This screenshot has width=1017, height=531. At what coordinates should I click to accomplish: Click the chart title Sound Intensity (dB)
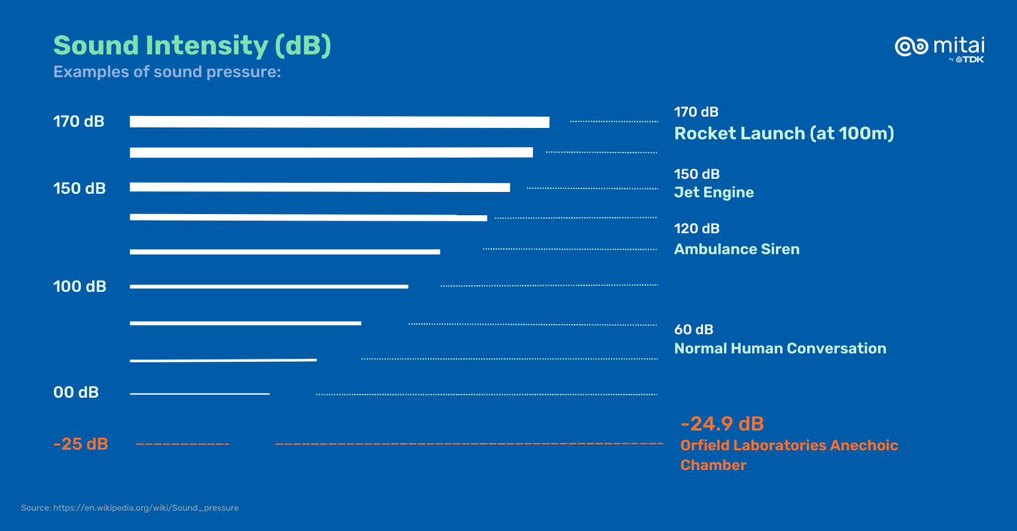click(x=192, y=45)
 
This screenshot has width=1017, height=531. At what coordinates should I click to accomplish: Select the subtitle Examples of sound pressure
click(x=167, y=72)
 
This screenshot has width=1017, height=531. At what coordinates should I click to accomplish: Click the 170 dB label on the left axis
click(x=79, y=121)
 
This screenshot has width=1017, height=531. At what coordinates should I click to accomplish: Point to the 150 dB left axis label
click(x=79, y=188)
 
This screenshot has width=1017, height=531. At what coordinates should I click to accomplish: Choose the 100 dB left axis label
click(x=80, y=286)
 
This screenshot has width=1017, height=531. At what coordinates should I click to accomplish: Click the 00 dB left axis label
click(x=76, y=392)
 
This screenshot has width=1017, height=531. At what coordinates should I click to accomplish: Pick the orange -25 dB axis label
click(x=81, y=444)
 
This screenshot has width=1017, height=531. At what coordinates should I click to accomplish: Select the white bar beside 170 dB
click(x=339, y=122)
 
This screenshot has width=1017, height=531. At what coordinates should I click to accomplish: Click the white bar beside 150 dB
click(x=319, y=187)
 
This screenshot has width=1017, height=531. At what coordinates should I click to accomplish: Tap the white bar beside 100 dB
click(x=269, y=287)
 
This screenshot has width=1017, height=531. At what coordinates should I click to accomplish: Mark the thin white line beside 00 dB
click(x=199, y=393)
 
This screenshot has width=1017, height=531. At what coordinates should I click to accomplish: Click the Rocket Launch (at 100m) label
click(x=784, y=133)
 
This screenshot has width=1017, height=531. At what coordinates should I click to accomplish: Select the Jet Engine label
click(x=714, y=193)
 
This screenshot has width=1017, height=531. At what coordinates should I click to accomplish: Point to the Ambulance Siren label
click(x=736, y=249)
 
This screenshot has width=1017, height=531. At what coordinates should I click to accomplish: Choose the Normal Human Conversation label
click(x=780, y=349)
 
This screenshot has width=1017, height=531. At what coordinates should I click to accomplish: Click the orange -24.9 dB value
click(x=722, y=424)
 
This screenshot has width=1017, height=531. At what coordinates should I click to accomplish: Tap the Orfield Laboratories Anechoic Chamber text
click(x=788, y=455)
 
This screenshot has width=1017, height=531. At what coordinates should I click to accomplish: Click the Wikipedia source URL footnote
click(x=130, y=508)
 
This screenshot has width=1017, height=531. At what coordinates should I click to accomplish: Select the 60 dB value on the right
click(x=693, y=329)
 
